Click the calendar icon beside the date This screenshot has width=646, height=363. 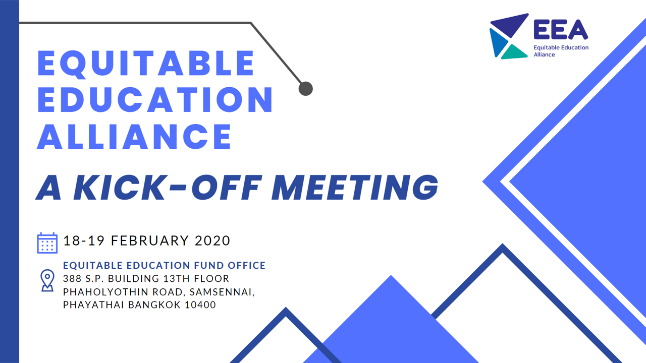click(47, 243)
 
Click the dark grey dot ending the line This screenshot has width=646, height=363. click(306, 88)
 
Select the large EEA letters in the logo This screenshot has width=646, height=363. click(561, 29)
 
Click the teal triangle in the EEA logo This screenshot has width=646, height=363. click(514, 52)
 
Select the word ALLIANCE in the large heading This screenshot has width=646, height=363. click(134, 137)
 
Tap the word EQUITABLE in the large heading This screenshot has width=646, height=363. click(146, 64)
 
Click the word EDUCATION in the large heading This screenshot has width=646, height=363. click(155, 100)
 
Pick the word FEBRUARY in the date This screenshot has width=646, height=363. click(150, 240)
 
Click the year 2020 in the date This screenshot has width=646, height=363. click(212, 240)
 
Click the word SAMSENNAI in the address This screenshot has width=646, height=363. click(222, 292)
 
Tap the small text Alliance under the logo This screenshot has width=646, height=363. click(544, 54)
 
